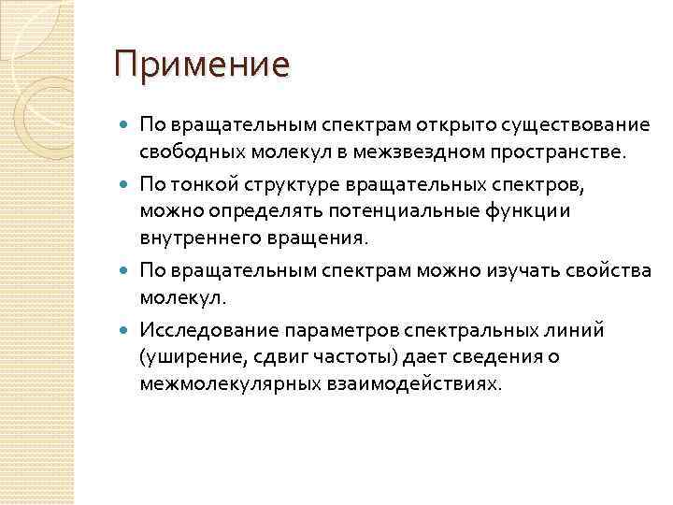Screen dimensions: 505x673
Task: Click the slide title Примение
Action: pos(202,65)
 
